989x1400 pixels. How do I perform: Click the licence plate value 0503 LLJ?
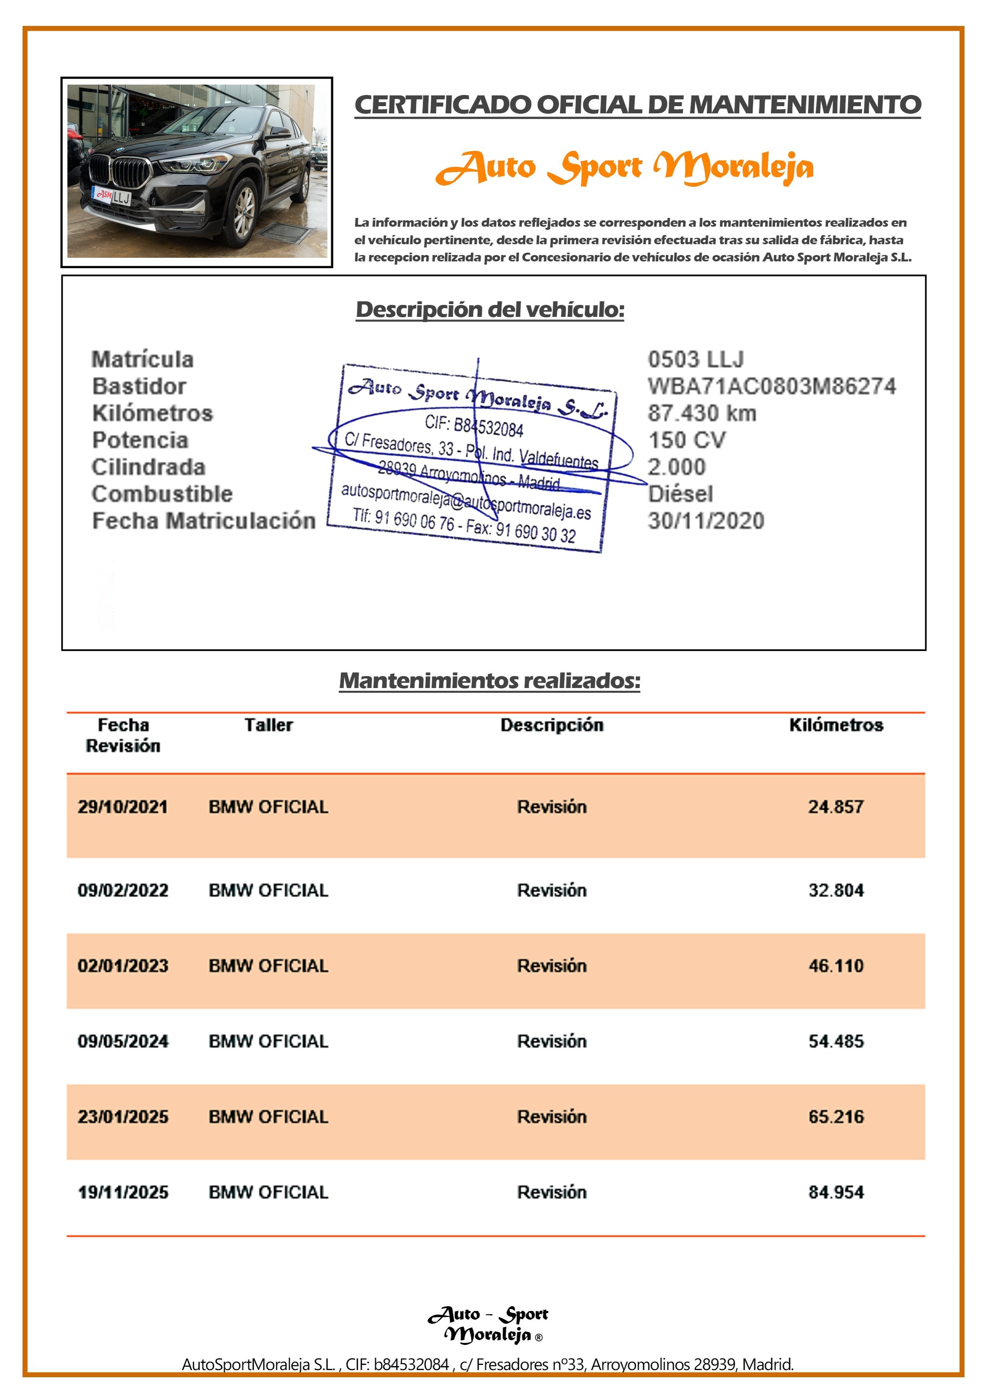tap(695, 359)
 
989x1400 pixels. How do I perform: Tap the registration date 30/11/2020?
tap(705, 521)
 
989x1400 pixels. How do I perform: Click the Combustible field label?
tap(162, 494)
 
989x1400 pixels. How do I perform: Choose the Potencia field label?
tap(140, 440)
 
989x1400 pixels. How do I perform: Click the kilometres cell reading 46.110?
tap(836, 966)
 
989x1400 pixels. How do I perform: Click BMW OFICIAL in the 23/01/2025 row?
tap(268, 1117)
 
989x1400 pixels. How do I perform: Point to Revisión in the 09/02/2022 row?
tap(552, 890)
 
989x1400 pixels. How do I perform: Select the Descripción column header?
tap(552, 725)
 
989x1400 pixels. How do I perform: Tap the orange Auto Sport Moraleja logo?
tap(625, 167)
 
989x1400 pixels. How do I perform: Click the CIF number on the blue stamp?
tap(474, 425)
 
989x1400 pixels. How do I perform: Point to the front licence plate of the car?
tap(112, 196)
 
